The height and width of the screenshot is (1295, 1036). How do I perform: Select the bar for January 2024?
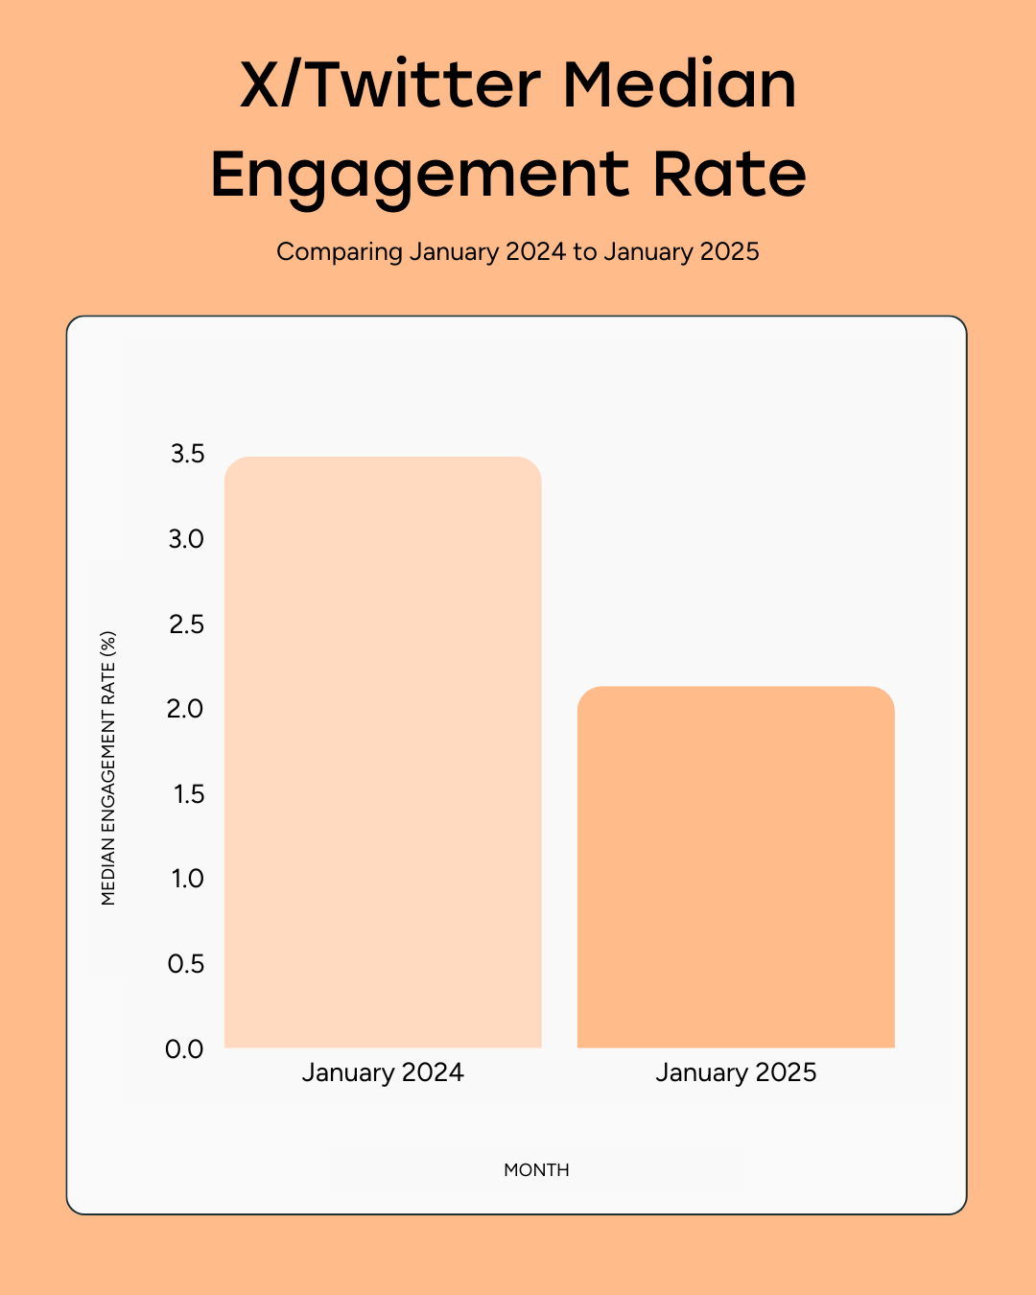tap(383, 753)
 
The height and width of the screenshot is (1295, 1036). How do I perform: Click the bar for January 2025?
tap(736, 867)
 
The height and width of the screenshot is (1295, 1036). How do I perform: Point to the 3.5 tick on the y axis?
tap(188, 454)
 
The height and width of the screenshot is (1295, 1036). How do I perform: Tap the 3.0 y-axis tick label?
tap(187, 539)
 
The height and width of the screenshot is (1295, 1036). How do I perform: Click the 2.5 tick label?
tap(187, 624)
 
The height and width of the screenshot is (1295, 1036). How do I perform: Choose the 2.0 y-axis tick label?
tap(186, 709)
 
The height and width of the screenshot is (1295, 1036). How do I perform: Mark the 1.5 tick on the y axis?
tap(189, 794)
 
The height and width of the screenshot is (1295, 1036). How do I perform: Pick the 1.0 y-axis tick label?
tap(188, 879)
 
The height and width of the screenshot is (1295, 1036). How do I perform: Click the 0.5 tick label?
tap(186, 964)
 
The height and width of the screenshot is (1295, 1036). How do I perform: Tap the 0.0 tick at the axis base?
tap(185, 1049)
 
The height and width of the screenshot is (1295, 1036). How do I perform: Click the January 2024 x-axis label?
tap(383, 1072)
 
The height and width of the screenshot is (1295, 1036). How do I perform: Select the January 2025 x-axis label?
tap(736, 1072)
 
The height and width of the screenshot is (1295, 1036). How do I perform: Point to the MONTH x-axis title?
tap(536, 1170)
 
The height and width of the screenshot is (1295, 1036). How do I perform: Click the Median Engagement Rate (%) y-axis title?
tap(108, 767)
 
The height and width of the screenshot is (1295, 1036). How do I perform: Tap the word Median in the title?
tap(679, 84)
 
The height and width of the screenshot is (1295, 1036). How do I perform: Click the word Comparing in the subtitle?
tap(340, 252)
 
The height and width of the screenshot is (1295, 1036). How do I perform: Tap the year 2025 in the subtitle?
tap(729, 252)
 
